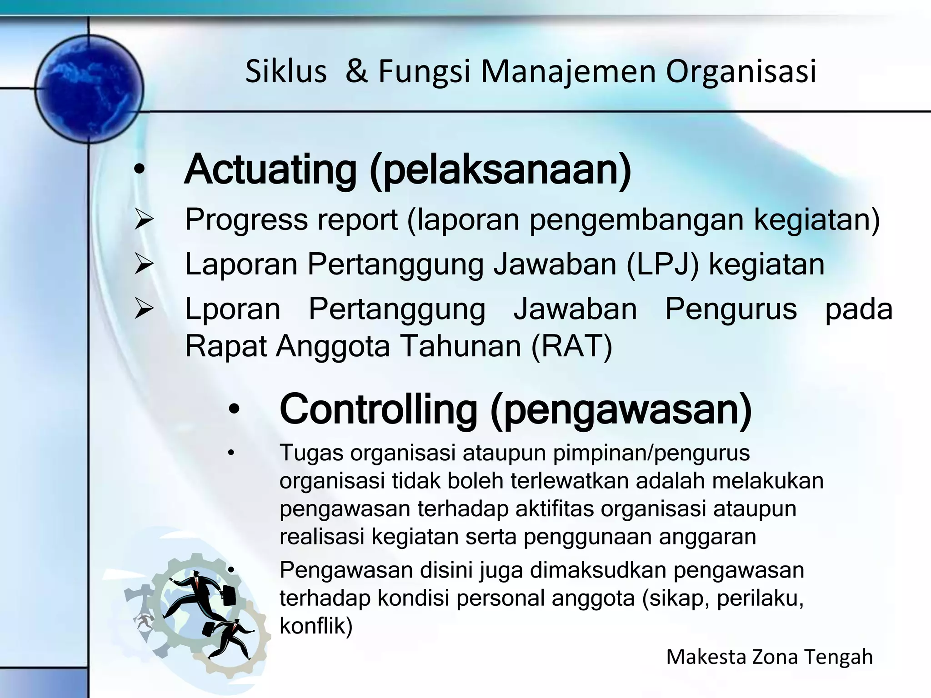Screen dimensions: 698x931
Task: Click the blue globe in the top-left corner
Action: [x=89, y=89]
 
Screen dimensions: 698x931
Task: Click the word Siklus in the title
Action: [x=286, y=72]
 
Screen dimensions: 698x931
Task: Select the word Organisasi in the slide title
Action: [x=741, y=72]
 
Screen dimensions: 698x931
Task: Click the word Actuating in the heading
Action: [x=270, y=170]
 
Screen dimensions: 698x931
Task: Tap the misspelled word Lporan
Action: [x=233, y=309]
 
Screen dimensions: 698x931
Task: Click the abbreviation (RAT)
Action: [x=572, y=346]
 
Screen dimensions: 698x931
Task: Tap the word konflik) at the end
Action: [x=316, y=626]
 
